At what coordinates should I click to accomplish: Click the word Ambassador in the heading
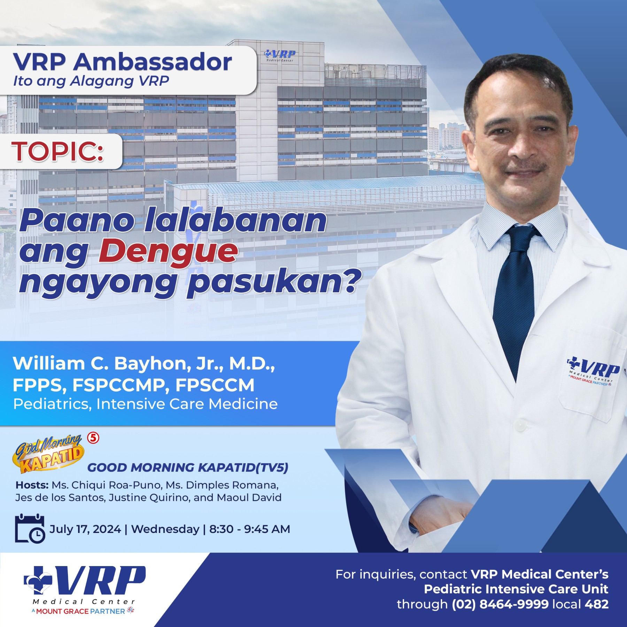tap(153, 62)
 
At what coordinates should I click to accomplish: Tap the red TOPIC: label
tap(57, 152)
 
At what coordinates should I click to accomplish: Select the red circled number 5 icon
tap(93, 438)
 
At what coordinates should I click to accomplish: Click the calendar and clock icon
tap(30, 528)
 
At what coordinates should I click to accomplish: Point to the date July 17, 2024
tap(85, 529)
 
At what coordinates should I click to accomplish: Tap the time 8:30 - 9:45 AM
tap(249, 529)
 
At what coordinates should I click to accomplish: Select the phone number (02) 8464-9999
tap(500, 604)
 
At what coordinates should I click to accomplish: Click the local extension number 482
tap(597, 604)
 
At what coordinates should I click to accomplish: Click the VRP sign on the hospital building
tap(280, 55)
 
